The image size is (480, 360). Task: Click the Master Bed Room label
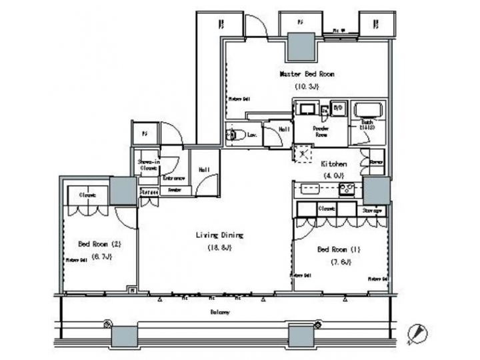coord(306,74)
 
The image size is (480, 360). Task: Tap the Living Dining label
coord(219,235)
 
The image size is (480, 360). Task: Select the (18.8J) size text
coord(219,248)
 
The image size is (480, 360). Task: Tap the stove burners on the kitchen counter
coord(347,189)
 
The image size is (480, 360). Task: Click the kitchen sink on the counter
coord(311,189)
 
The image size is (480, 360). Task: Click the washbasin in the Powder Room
coord(307,110)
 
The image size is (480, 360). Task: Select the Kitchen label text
coord(333,163)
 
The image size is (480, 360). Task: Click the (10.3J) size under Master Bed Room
coord(306,87)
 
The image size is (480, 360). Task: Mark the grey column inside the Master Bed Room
coord(302,47)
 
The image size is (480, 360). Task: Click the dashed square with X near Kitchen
coord(303,153)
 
